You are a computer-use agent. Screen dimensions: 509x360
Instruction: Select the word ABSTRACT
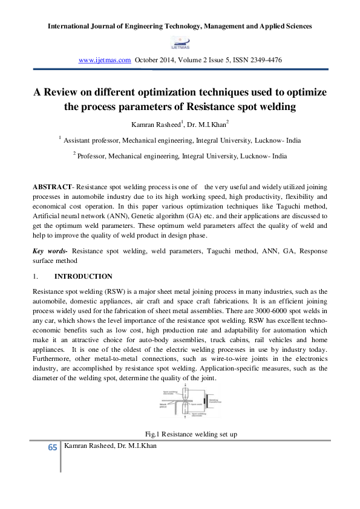[x=49, y=187]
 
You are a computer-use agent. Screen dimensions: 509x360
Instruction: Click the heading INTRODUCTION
[x=83, y=276]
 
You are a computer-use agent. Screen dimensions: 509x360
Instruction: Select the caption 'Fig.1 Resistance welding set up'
[x=180, y=434]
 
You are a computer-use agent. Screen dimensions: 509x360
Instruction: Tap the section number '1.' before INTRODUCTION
[x=35, y=276]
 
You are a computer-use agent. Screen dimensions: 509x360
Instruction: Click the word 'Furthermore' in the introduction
[x=51, y=359]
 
